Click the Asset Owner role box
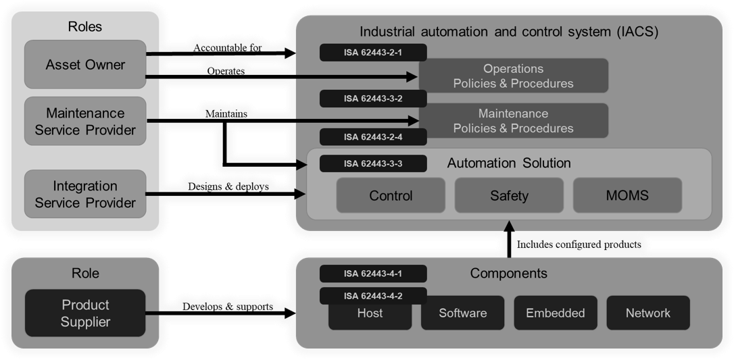tap(85, 65)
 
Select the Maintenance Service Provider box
tap(85, 121)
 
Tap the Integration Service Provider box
tap(85, 194)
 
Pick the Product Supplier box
tap(85, 313)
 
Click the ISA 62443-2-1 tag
tap(372, 52)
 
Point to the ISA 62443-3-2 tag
tap(372, 99)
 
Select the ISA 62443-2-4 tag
tap(372, 137)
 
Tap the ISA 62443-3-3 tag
tap(372, 163)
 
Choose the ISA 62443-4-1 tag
tap(372, 274)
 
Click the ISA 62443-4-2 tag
tap(372, 295)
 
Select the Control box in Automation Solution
tap(391, 196)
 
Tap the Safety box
tap(509, 196)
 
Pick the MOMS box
tap(627, 196)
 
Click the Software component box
tap(462, 313)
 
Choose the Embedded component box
tap(556, 313)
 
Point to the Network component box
tap(648, 313)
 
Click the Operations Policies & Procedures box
tap(514, 76)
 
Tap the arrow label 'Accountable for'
tap(227, 48)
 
